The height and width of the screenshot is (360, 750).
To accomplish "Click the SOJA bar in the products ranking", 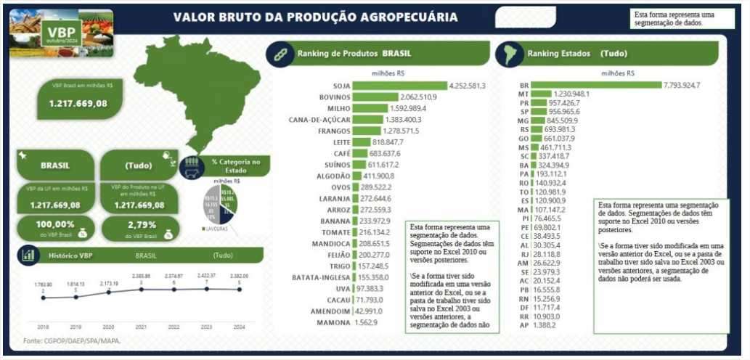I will click(399, 86).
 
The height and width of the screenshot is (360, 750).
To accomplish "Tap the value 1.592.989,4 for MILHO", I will click(412, 108).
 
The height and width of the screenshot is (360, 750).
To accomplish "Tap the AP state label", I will click(524, 326).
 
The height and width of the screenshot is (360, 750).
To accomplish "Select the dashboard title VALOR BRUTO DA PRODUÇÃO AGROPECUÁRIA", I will click(316, 17).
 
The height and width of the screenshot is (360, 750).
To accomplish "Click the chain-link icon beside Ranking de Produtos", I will click(277, 54).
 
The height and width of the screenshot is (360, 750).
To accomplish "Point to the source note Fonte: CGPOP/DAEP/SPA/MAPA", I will click(71, 340).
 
